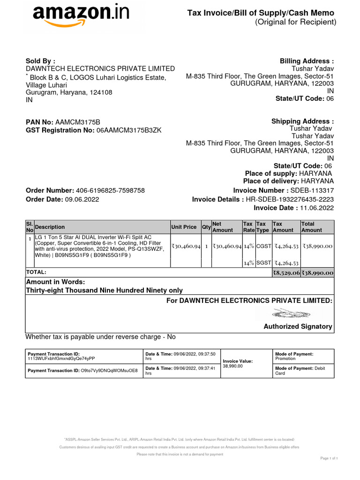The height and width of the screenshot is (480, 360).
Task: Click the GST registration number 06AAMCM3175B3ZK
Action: pos(128,130)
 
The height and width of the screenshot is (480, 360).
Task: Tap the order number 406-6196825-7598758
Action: pos(110,190)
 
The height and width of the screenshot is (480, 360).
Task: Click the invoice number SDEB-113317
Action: pos(312,190)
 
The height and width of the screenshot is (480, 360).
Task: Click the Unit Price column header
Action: pos(184,227)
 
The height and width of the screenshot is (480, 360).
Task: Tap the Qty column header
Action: pos(206,227)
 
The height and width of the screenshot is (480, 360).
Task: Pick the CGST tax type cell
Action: pos(263,246)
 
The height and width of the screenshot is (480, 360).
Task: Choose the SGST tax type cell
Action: pos(263,263)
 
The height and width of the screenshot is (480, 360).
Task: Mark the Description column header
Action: pos(50,227)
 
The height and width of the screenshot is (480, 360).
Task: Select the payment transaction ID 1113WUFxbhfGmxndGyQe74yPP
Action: pos(61,359)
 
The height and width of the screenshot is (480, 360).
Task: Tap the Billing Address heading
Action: pos(307,61)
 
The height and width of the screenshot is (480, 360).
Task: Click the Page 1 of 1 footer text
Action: pos(329,458)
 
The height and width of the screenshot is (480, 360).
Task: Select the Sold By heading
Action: pos(40,61)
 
